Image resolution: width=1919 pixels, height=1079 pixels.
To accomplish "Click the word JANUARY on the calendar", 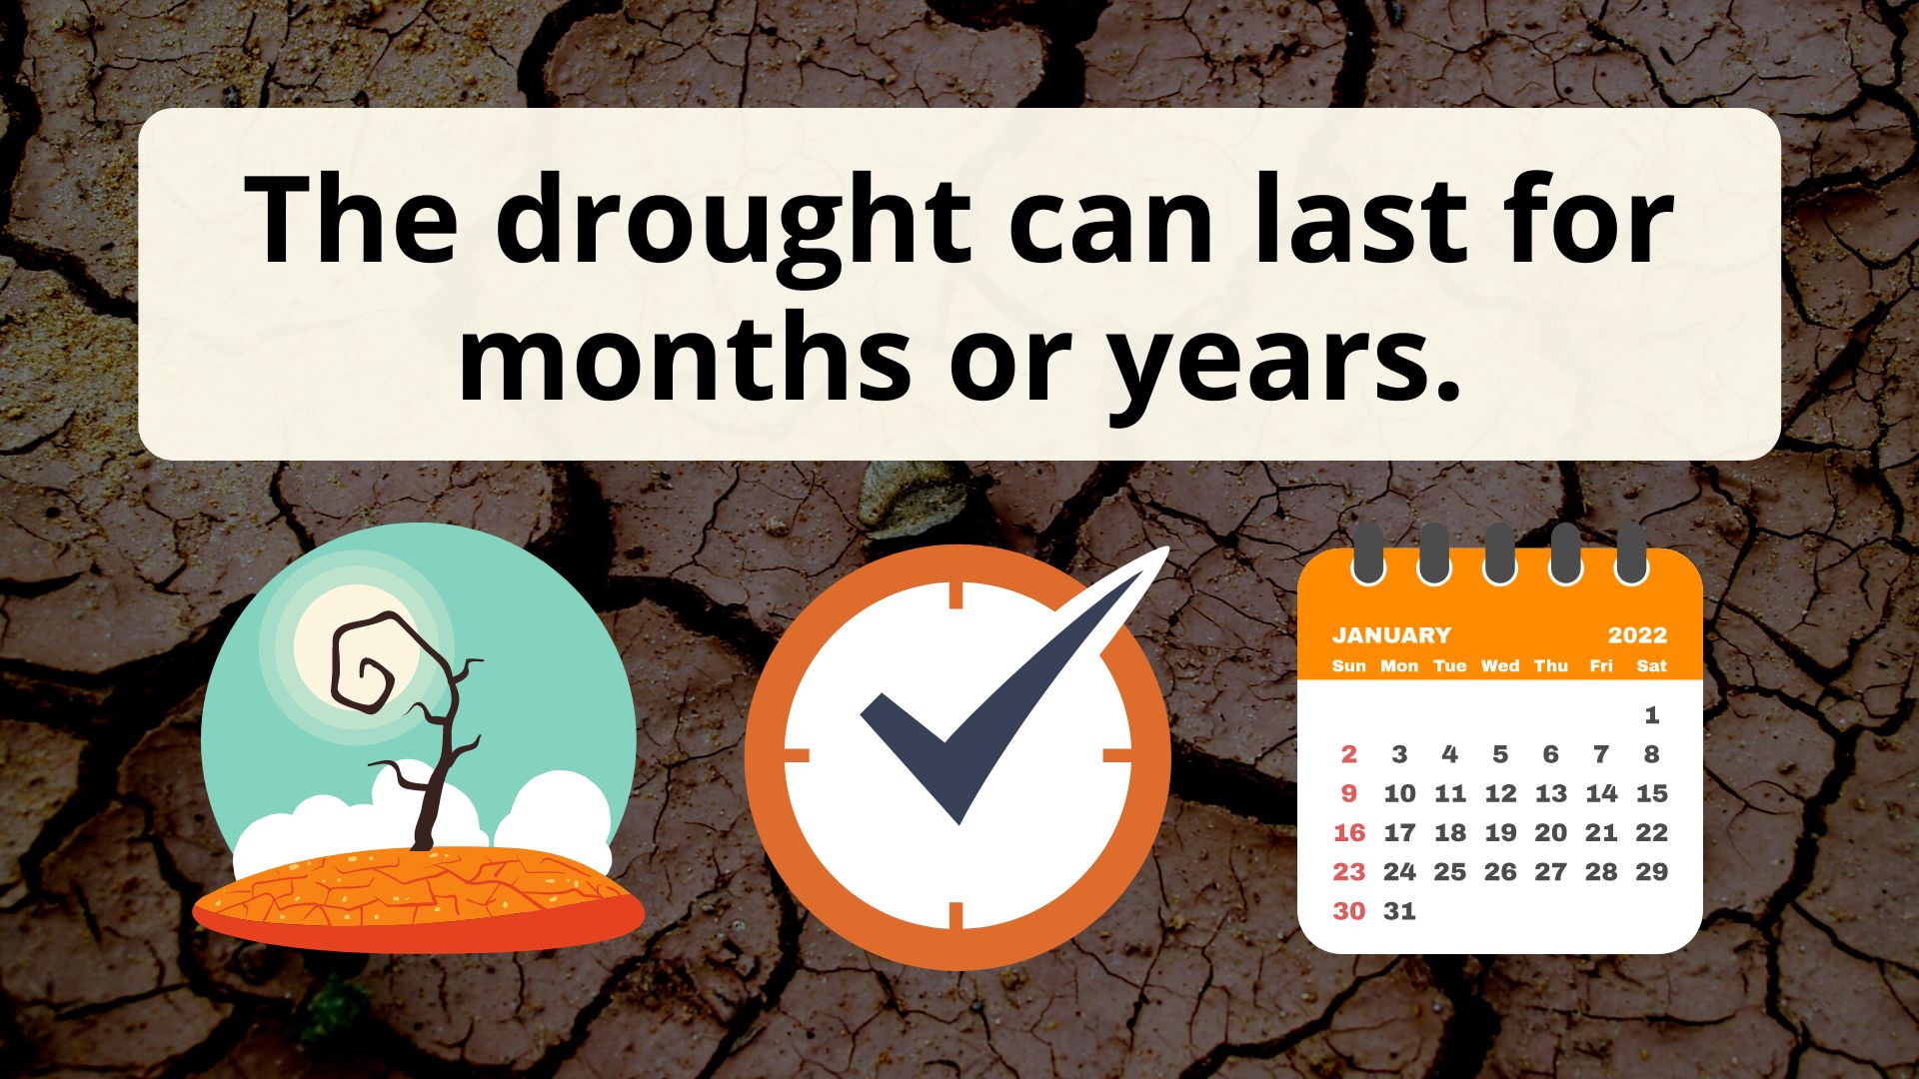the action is point(1391,635).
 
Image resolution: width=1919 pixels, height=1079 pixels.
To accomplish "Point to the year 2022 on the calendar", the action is point(1637,635).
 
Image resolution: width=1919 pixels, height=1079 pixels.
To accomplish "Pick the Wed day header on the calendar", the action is point(1500,665).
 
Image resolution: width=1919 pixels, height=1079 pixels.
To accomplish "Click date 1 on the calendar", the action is point(1652,715).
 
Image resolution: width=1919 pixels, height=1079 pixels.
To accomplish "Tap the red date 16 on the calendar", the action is point(1349,832).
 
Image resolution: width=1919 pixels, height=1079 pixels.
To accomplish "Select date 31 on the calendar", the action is point(1399,910).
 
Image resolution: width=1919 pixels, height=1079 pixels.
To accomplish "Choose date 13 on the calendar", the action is point(1551,793).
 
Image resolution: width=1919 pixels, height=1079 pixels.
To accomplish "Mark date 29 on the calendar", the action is point(1652,871).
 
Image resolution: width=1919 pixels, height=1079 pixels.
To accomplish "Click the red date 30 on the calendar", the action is point(1349,910).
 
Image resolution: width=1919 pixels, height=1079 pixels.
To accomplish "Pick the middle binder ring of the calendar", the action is point(1499,552).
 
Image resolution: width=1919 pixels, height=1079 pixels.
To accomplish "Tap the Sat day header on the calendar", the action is point(1652,665).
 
